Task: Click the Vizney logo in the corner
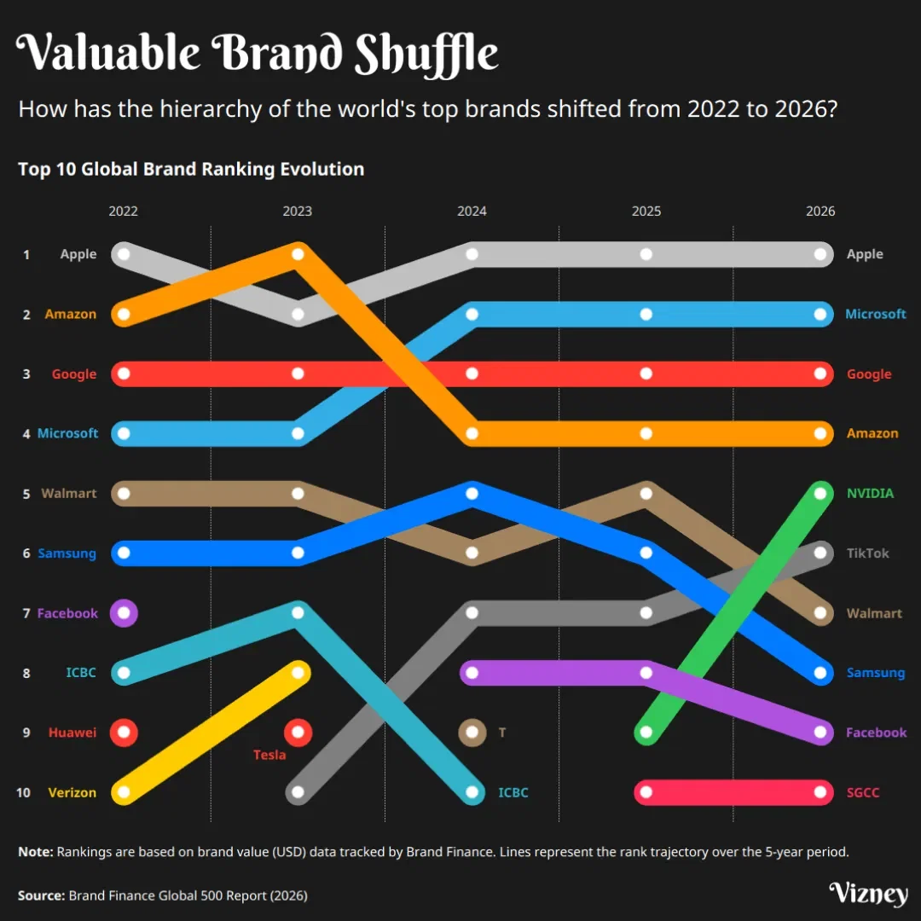(868, 894)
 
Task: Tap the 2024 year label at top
(472, 211)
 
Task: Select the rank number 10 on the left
(23, 792)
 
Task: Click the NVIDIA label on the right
(870, 493)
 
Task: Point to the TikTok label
(867, 553)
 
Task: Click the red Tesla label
(269, 755)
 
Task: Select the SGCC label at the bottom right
(862, 792)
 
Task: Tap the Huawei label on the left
(72, 733)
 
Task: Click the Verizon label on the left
(72, 792)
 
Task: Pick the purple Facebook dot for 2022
(124, 612)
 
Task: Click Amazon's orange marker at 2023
(298, 254)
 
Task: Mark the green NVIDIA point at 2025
(646, 732)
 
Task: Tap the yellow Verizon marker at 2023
(298, 672)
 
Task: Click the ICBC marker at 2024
(472, 791)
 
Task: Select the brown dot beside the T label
(472, 732)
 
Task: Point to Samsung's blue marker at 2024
(472, 493)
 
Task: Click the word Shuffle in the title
(426, 55)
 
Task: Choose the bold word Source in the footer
(40, 895)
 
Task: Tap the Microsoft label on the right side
(875, 314)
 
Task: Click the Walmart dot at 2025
(646, 493)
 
